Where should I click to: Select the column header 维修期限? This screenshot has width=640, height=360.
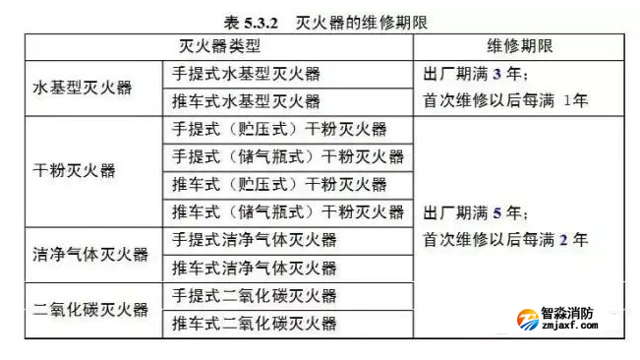(x=519, y=46)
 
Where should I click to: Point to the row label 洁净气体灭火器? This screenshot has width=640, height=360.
(x=90, y=254)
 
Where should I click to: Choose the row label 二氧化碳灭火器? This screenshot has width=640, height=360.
(x=90, y=310)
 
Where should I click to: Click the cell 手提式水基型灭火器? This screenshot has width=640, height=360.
(x=246, y=74)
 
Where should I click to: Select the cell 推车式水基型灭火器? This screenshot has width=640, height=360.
(x=246, y=101)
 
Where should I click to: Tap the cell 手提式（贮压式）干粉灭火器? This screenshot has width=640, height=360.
(x=279, y=129)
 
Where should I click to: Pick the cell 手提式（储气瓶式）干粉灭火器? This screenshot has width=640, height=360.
(x=287, y=156)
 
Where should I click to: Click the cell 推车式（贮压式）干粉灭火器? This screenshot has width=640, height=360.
(x=279, y=184)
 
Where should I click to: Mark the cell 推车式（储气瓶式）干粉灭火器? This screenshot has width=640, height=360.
(x=287, y=211)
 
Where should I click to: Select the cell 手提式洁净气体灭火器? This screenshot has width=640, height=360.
(x=254, y=240)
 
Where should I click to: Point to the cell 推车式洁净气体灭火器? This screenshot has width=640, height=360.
(x=254, y=268)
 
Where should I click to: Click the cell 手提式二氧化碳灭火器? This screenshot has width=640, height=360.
(x=254, y=296)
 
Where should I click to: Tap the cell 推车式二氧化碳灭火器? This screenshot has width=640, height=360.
(x=254, y=324)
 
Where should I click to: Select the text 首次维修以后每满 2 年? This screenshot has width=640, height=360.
(x=506, y=240)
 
